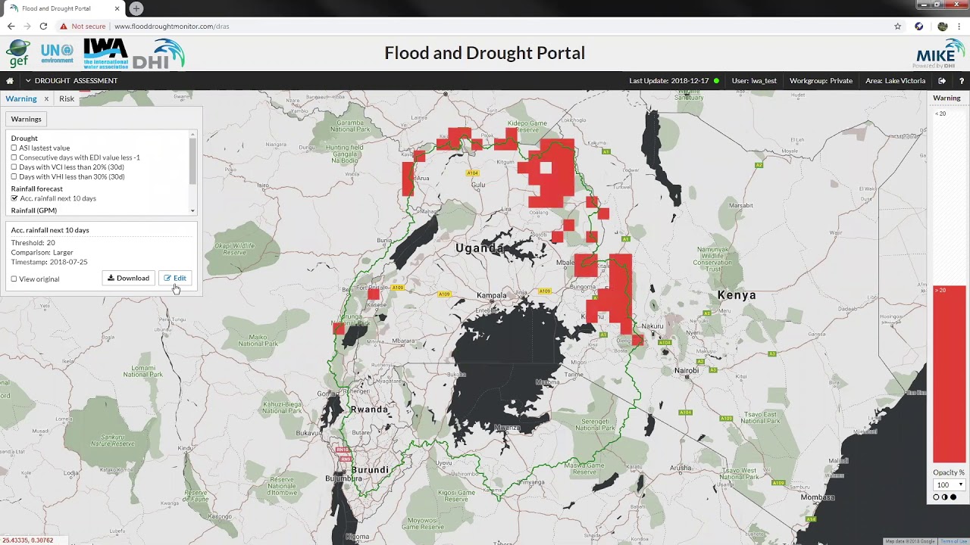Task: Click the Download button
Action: click(128, 278)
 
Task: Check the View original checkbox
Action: click(14, 279)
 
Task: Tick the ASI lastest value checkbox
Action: click(14, 148)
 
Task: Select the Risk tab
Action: click(67, 98)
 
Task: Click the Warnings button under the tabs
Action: click(26, 119)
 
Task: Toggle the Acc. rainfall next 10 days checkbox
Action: click(14, 198)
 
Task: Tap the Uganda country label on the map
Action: click(479, 248)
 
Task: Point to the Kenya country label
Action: click(736, 295)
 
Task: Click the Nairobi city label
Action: click(687, 370)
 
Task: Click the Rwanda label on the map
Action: click(369, 410)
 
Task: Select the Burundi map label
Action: click(370, 469)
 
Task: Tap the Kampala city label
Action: click(491, 295)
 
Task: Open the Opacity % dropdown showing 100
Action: click(949, 485)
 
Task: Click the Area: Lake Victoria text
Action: click(895, 80)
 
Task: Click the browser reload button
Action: click(43, 26)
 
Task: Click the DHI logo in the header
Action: click(158, 54)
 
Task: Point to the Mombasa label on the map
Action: click(818, 497)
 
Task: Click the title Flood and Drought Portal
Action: click(484, 53)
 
